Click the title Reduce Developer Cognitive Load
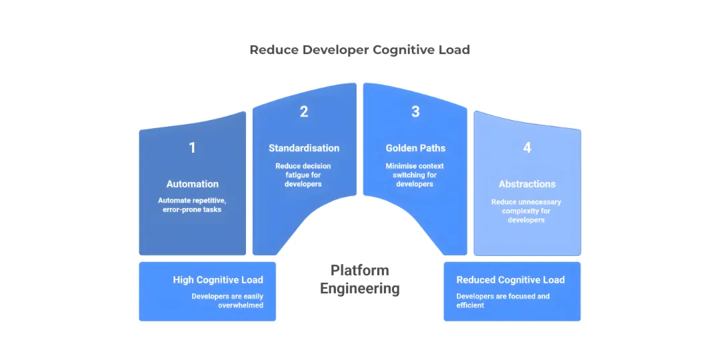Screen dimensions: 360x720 tap(359, 50)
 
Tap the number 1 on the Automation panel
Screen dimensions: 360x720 tap(192, 148)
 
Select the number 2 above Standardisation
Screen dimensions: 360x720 tap(304, 112)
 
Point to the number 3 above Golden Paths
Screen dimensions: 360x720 tap(415, 112)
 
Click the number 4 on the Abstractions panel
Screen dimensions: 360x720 tap(527, 148)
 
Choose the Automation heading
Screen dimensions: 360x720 tap(192, 184)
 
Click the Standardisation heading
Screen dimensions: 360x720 tap(304, 148)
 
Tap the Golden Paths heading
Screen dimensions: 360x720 tap(415, 148)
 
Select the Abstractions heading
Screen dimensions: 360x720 tap(527, 184)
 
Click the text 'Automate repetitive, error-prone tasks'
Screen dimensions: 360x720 tap(192, 205)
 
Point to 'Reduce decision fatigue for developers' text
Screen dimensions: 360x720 tap(303, 175)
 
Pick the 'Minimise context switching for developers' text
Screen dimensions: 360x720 tap(415, 175)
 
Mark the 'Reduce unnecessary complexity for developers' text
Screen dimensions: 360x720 tap(526, 211)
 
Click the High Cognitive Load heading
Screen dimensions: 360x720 tap(218, 280)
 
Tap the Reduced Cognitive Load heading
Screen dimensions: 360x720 tap(510, 280)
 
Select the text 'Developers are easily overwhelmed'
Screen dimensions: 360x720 tap(227, 301)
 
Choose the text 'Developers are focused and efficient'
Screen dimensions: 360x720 tap(503, 301)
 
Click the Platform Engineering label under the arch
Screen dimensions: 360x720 tap(360, 279)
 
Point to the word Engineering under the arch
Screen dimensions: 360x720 tap(360, 289)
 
